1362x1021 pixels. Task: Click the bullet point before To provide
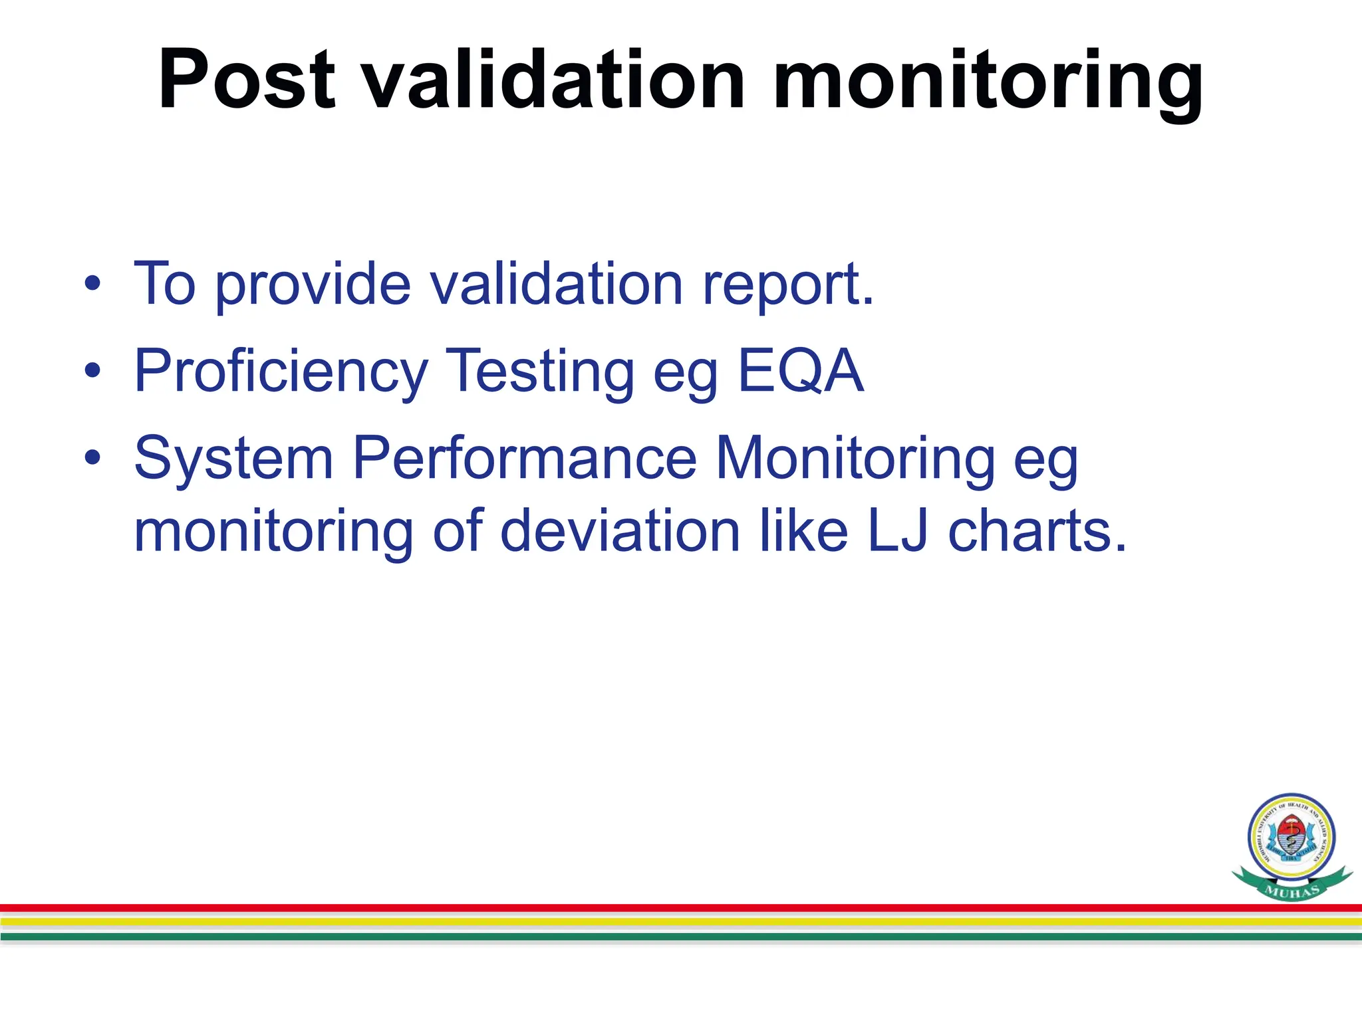coord(92,284)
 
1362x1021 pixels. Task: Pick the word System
coord(233,459)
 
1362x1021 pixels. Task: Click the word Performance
coord(524,459)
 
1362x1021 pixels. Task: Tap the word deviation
coord(620,532)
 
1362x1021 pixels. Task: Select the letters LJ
coord(897,532)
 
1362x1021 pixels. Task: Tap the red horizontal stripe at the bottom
coord(665,908)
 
